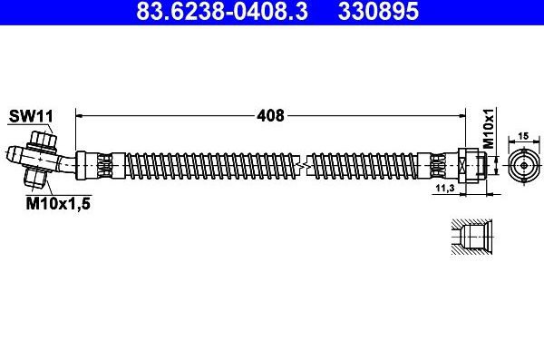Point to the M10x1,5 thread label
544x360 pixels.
(57, 205)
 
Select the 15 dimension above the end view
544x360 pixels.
(523, 135)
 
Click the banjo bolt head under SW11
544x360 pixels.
(41, 140)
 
